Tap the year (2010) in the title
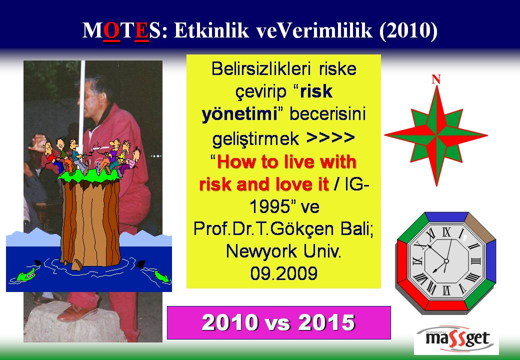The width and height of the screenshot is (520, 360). click(408, 30)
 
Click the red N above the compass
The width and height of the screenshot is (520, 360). click(436, 79)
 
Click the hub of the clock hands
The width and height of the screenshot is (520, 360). click(446, 261)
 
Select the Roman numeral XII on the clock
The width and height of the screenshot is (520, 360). click(446, 232)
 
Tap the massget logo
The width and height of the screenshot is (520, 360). click(456, 339)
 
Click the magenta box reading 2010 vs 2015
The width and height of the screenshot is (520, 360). click(278, 322)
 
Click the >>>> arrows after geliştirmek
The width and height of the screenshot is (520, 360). click(330, 137)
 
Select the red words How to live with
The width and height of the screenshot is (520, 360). click(286, 162)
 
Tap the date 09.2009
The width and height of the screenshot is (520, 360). click(284, 273)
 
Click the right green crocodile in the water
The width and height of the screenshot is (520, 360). click(162, 276)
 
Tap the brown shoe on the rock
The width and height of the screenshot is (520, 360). click(77, 313)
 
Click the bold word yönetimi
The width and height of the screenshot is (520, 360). click(239, 114)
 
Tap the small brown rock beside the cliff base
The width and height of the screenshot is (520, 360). click(77, 264)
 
